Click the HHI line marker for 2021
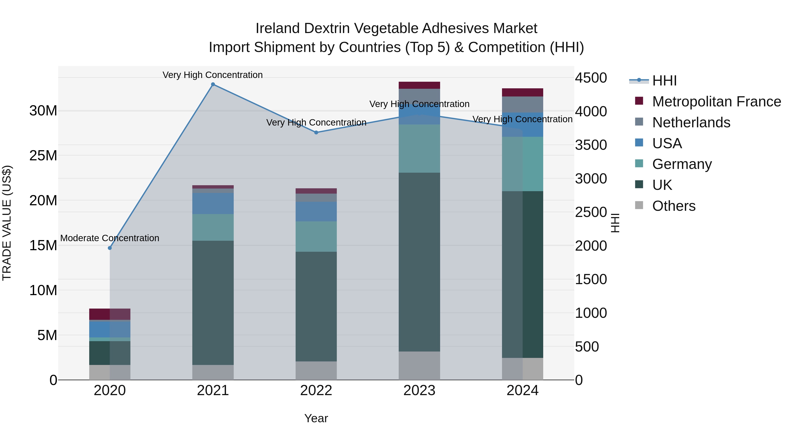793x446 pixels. coord(213,84)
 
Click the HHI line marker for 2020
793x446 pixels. coord(110,248)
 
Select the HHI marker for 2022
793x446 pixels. coord(316,133)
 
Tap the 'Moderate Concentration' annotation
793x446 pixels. coord(110,238)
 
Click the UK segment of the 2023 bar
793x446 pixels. coord(419,262)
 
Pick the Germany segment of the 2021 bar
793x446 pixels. coord(213,228)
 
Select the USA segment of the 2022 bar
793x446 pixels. coord(316,212)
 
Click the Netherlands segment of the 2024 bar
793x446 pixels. coord(522,105)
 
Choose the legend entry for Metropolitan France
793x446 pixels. coord(716,102)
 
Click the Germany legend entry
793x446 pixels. coord(682,164)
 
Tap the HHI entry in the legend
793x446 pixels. coord(664,81)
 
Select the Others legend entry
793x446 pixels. coord(674,206)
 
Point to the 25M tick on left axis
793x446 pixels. coord(43,156)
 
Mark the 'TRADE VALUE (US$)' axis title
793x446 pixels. coord(7,223)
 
